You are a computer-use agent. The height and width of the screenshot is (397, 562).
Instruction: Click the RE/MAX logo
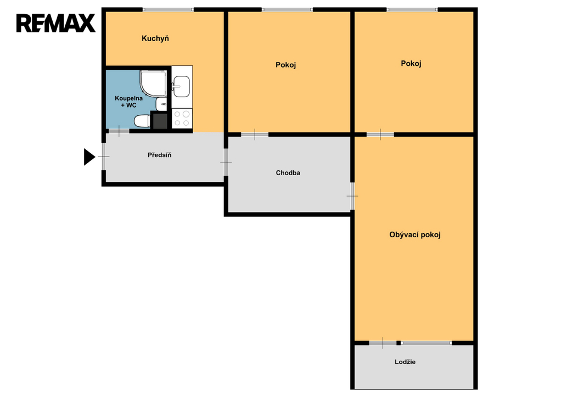coord(56,23)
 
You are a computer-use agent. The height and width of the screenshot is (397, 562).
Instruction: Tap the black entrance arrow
coord(89,156)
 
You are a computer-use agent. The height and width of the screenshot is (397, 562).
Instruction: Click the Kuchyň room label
coord(155,39)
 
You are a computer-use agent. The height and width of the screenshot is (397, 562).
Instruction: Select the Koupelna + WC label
coord(128,102)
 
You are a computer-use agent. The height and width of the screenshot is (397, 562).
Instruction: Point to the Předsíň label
coord(160,155)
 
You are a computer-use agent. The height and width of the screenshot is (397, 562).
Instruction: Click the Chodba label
coord(288,173)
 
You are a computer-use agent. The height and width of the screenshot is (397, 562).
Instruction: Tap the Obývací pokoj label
coord(415,235)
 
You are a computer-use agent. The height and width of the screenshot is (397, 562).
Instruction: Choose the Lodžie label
coord(405,362)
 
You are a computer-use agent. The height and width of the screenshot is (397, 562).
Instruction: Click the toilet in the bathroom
coord(142,121)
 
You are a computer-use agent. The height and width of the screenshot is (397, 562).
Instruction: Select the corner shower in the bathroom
coord(154,83)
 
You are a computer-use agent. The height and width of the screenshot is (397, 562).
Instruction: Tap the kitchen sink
coord(181,86)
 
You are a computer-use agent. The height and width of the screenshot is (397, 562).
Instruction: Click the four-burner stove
coord(182,119)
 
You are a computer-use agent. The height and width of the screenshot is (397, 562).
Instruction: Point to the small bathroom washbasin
coord(161,104)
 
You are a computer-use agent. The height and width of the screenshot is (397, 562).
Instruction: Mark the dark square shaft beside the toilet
coord(159,120)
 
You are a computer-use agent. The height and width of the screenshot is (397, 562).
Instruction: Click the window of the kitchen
coord(168,10)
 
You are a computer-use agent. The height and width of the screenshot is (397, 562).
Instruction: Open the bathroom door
coord(119,131)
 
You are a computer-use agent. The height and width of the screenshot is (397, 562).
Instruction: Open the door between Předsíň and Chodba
coord(226,162)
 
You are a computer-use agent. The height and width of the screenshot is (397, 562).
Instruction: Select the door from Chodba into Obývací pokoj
coord(352,196)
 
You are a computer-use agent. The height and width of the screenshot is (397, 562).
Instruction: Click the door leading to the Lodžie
coord(383,343)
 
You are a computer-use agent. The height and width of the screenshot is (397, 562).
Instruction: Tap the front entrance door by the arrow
coord(104,156)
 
